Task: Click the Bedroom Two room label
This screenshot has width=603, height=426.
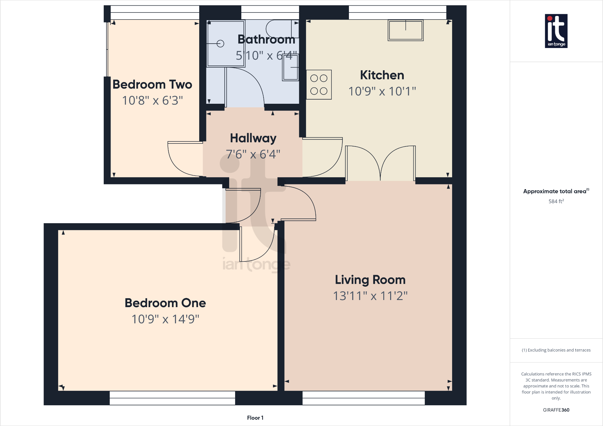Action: pyautogui.click(x=152, y=84)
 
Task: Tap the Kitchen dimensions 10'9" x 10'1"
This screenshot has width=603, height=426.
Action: pyautogui.click(x=382, y=91)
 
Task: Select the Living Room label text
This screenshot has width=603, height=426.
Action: pyautogui.click(x=370, y=280)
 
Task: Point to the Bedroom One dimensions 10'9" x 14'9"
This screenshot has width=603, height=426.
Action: pyautogui.click(x=165, y=319)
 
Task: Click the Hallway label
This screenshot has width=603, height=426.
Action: pyautogui.click(x=253, y=138)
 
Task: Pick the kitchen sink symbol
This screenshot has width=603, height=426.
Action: pyautogui.click(x=406, y=30)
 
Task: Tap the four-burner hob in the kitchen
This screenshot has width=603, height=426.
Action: pyautogui.click(x=319, y=84)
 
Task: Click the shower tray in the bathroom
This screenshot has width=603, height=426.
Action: pyautogui.click(x=226, y=44)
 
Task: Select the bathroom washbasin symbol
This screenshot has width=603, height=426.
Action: pyautogui.click(x=291, y=68)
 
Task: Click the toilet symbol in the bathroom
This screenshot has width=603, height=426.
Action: pyautogui.click(x=282, y=28)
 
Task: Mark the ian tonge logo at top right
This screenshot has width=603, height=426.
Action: pyautogui.click(x=556, y=31)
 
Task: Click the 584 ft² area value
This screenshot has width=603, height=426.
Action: pyautogui.click(x=556, y=201)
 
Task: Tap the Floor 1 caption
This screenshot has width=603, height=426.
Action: pyautogui.click(x=255, y=418)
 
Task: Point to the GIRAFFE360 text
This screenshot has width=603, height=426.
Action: pyautogui.click(x=556, y=410)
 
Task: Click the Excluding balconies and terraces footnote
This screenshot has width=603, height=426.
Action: pyautogui.click(x=556, y=350)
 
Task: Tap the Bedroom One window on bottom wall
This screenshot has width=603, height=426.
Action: pyautogui.click(x=172, y=398)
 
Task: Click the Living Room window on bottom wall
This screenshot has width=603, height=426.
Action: pyautogui.click(x=363, y=398)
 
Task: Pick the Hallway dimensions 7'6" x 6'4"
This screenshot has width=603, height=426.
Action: pyautogui.click(x=253, y=154)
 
